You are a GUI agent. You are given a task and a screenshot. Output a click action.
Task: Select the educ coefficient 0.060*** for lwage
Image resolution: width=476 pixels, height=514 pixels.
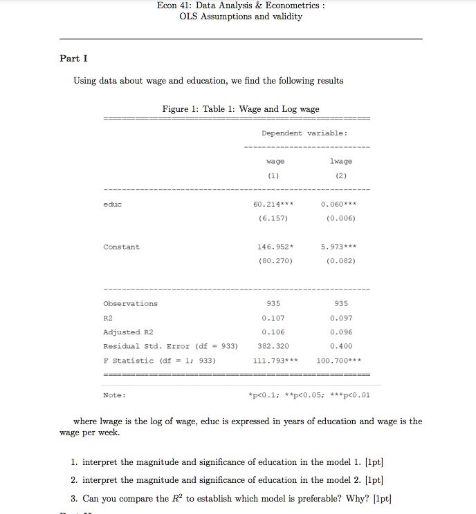click(x=338, y=204)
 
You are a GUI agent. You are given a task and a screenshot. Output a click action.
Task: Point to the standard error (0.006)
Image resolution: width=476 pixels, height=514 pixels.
click(x=338, y=218)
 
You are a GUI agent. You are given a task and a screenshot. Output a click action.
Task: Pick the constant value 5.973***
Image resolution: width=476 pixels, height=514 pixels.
click(x=338, y=247)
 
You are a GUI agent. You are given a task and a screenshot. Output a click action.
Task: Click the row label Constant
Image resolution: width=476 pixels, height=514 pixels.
click(x=121, y=247)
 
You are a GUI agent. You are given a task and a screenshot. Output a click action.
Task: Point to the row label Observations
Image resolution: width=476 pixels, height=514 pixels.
click(x=130, y=303)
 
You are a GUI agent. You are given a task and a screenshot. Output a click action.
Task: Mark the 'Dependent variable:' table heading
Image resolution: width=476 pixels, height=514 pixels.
click(x=304, y=133)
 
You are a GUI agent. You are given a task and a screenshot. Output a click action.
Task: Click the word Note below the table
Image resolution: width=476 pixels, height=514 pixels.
click(x=114, y=395)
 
